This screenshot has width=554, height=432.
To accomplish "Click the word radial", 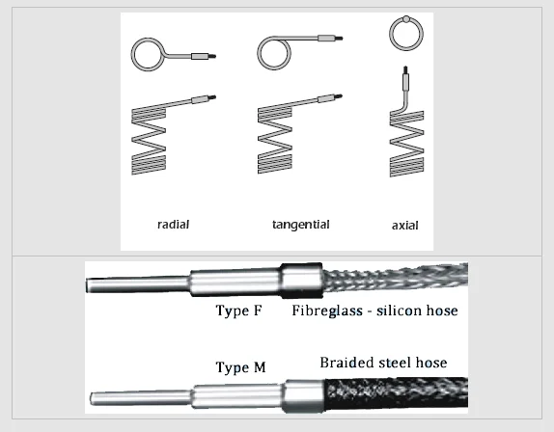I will click(173, 225).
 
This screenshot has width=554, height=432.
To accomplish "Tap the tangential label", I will click(300, 225).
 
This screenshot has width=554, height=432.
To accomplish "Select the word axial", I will click(404, 227).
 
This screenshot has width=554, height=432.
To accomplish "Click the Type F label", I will click(237, 310).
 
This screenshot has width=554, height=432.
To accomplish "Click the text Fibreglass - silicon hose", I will click(374, 310).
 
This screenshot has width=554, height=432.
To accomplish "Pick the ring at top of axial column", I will click(405, 35).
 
